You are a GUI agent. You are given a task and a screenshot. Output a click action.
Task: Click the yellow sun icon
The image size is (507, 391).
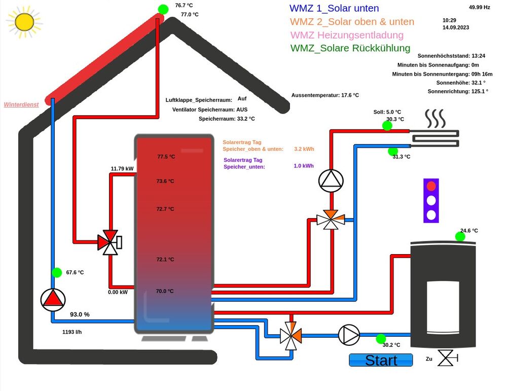(x=24, y=22)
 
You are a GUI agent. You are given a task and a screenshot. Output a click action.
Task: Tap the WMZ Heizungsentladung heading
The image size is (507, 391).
(x=347, y=35)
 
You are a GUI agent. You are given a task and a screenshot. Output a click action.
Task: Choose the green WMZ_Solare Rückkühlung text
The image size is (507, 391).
(x=350, y=48)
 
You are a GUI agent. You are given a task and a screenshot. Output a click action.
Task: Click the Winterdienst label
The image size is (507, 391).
(x=21, y=104)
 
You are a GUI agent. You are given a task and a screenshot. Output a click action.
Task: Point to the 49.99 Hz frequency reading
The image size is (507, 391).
(x=479, y=7)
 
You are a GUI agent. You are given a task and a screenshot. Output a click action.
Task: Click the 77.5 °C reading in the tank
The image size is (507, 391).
(x=166, y=157)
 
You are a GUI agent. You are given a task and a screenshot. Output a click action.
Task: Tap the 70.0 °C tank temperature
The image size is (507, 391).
(x=165, y=291)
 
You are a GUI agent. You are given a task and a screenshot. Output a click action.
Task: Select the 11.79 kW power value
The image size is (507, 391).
(x=122, y=168)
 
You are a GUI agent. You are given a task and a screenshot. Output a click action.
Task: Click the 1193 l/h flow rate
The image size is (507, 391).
(x=72, y=332)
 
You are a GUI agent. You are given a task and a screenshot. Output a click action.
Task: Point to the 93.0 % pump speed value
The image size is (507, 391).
(x=80, y=314)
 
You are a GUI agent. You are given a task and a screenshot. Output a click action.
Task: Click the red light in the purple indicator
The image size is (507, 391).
(x=431, y=186)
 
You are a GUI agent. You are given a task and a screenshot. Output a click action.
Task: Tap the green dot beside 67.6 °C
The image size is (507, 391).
(x=57, y=272)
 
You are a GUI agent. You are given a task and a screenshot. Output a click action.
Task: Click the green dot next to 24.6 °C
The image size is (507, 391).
(x=460, y=236)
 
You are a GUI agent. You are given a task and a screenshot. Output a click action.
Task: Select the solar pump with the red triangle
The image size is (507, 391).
(x=53, y=300)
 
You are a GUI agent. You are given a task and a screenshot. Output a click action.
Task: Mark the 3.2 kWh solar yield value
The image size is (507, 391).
(x=304, y=149)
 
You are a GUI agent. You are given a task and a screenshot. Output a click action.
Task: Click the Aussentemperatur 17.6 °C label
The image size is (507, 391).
(x=325, y=95)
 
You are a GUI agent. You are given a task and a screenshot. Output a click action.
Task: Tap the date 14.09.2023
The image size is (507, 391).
(x=456, y=27)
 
